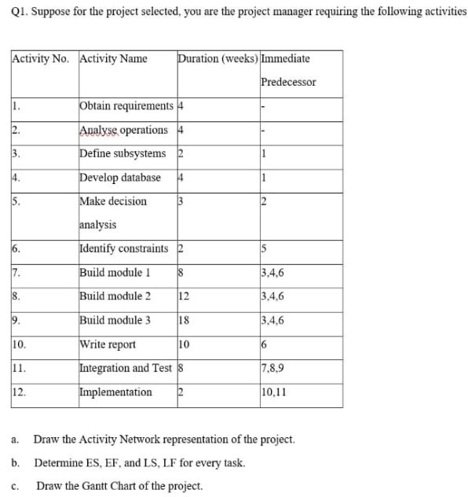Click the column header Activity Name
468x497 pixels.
click(x=114, y=59)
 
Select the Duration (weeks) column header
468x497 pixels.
click(x=218, y=59)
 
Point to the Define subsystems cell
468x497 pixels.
click(x=122, y=153)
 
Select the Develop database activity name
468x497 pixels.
click(x=120, y=178)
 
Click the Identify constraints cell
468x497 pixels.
click(x=124, y=249)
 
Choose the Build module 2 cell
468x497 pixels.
click(x=115, y=296)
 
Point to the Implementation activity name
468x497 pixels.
click(x=116, y=392)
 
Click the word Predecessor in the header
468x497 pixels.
click(x=287, y=82)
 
